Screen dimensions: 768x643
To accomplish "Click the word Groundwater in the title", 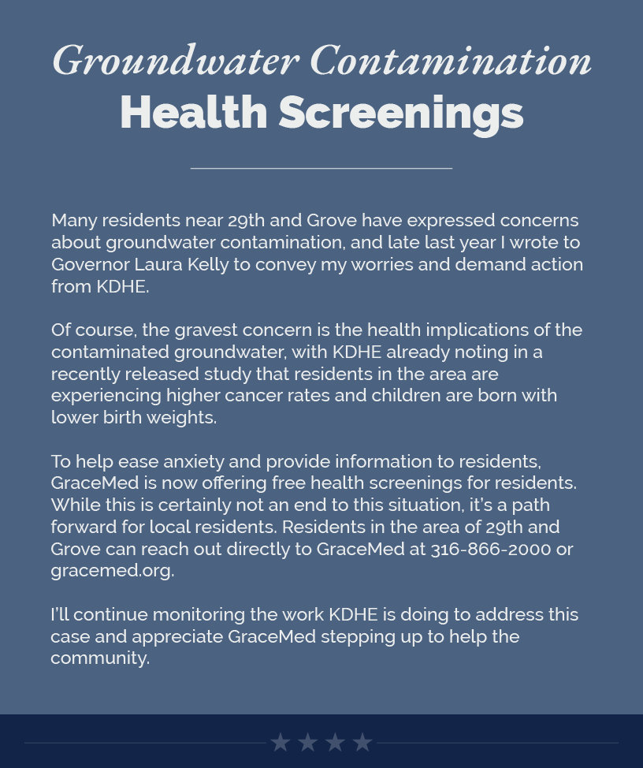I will (175, 61).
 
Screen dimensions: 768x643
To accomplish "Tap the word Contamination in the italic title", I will (451, 61).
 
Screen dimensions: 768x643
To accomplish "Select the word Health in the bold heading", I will (194, 113).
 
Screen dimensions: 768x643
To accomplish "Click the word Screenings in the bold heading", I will (400, 113).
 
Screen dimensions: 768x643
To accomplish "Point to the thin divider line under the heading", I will (321, 168).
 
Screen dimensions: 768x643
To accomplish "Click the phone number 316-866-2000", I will (490, 549).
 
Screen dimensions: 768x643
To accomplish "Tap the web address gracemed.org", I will (111, 571).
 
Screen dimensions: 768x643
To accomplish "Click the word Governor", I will (86, 264).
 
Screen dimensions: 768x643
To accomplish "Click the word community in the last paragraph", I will (99, 658).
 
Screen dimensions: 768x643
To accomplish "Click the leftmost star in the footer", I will (281, 742).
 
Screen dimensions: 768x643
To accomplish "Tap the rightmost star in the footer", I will (362, 742).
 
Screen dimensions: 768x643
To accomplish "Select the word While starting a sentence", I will (73, 505).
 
